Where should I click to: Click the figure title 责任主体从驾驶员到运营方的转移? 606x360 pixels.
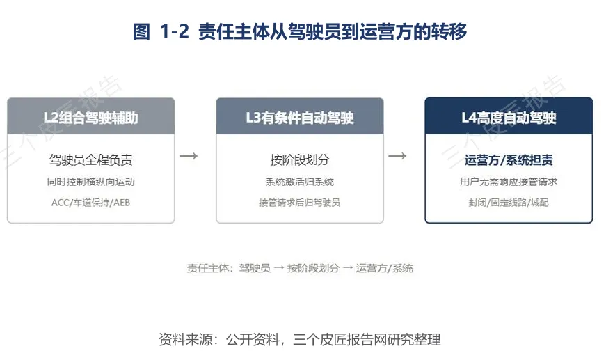click(333, 31)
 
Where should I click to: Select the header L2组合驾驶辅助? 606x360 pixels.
click(91, 118)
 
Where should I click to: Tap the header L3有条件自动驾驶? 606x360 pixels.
click(300, 118)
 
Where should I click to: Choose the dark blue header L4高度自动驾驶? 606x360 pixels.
click(509, 118)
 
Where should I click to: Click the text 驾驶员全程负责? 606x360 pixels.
click(91, 159)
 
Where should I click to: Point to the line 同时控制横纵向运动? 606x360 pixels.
click(91, 182)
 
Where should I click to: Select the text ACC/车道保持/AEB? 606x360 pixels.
click(91, 203)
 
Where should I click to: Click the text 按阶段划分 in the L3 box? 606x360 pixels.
click(300, 159)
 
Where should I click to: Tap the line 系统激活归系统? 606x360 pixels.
click(300, 182)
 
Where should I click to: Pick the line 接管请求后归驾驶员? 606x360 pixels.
click(300, 203)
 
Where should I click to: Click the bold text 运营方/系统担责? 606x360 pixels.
click(509, 159)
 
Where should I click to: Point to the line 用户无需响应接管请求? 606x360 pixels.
click(509, 182)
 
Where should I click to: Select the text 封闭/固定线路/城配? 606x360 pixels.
click(509, 203)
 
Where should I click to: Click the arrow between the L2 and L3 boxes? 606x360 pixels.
click(189, 156)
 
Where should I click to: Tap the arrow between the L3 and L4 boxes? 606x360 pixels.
click(397, 156)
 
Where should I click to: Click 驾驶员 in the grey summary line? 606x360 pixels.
click(255, 268)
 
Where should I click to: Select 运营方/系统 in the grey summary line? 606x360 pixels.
click(385, 268)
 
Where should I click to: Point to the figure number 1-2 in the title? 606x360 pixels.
click(175, 31)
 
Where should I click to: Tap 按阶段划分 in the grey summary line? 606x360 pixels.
click(313, 268)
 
